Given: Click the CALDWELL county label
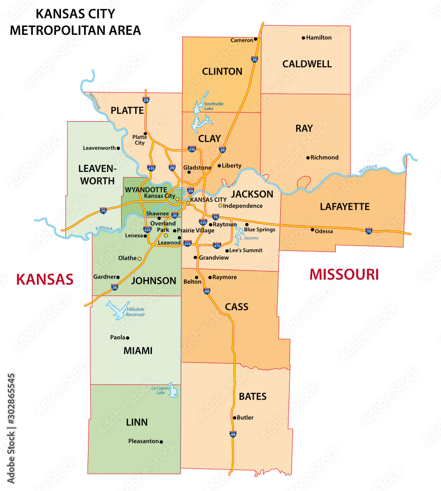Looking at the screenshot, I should click(x=307, y=64).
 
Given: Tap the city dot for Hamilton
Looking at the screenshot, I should click(x=303, y=38).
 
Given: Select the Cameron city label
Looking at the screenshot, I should click(x=241, y=40).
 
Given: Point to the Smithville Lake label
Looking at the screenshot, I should click(x=213, y=106).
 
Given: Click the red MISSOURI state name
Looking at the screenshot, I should click(x=344, y=274).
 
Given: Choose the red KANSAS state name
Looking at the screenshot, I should click(x=45, y=279).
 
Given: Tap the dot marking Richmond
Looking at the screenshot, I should click(x=308, y=158).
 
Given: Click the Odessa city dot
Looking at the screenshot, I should click(x=312, y=229).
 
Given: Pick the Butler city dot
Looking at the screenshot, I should click(x=234, y=418).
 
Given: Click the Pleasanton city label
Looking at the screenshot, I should click(x=144, y=441).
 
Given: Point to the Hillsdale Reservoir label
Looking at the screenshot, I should click(x=136, y=311).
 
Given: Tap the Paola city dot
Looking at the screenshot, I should click(x=128, y=338).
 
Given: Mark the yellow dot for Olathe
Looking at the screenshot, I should click(x=140, y=258).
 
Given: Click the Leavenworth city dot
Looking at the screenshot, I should click(x=118, y=148).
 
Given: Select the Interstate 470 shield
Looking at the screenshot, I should click(x=217, y=245).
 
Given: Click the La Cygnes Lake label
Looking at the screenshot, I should click(x=158, y=390).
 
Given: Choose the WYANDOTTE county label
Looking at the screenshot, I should click(x=146, y=189).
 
